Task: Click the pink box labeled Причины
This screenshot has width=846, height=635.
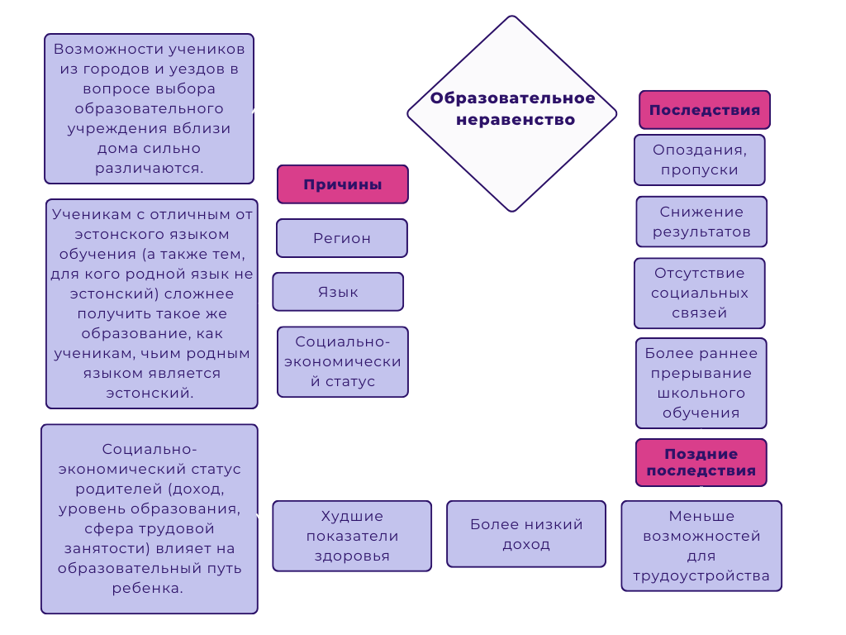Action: pos(342,184)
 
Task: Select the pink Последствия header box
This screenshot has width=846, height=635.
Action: pos(704,110)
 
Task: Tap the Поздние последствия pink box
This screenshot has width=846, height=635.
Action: pos(701,462)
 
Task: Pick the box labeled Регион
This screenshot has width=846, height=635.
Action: pos(341,238)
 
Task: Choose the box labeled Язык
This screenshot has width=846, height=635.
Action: pos(338,292)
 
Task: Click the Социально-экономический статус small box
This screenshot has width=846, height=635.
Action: pos(342,361)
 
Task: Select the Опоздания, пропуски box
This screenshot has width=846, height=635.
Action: pos(699,160)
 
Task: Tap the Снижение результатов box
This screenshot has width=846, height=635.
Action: pos(701,222)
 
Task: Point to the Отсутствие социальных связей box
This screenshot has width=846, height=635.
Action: pos(699,293)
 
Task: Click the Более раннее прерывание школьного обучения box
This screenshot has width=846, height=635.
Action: pos(701,383)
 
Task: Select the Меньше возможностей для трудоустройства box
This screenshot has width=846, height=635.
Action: pos(701,546)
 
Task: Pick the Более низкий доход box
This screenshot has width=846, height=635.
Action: pos(526,534)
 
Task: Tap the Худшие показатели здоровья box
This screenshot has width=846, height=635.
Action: pos(352,536)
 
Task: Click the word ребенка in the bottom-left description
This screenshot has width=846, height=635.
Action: pos(150,589)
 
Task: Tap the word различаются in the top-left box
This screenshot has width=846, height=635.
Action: pos(150,168)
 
